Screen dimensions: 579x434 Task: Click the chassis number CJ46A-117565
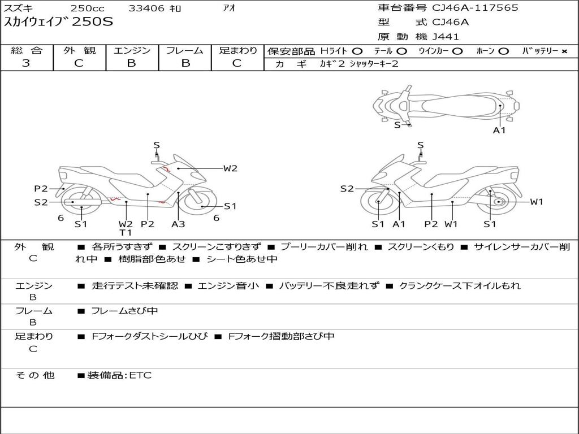[x=475, y=8]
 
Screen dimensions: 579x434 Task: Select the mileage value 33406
[x=146, y=8]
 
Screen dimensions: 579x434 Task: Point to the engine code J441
[x=446, y=37]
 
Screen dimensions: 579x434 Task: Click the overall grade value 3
[x=26, y=63]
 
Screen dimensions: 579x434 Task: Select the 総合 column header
[x=27, y=51]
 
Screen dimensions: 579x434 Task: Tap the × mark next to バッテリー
[x=564, y=51]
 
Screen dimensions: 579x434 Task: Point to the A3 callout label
[x=178, y=224]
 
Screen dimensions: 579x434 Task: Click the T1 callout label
[x=126, y=232]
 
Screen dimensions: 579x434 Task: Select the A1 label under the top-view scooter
[x=499, y=131]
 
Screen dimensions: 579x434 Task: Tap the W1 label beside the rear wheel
[x=536, y=202]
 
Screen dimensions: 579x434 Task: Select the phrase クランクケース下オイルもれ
[x=460, y=286]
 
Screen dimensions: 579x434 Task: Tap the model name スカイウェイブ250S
[x=59, y=23]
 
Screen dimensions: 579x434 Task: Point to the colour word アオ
[x=229, y=8]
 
